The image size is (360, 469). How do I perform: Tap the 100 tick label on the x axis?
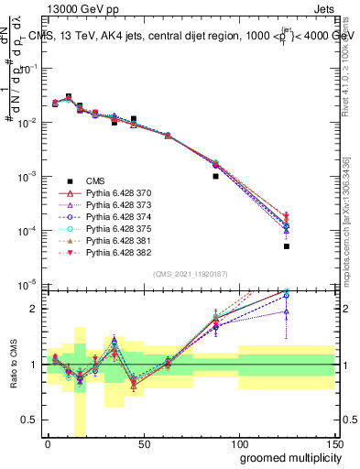pos(239,443)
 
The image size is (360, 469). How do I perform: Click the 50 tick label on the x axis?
pos(144,443)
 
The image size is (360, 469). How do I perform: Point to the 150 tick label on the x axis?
pos(334,443)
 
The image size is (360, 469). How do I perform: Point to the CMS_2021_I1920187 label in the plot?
pos(191,275)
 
